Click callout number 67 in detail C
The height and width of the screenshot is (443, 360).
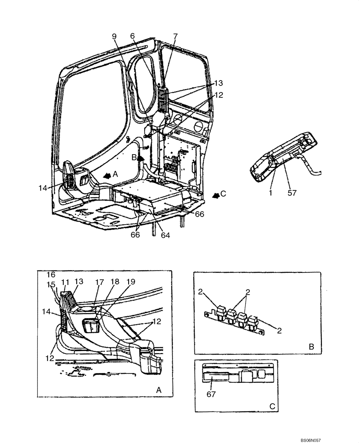pyautogui.click(x=211, y=394)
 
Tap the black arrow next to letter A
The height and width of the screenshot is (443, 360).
pyautogui.click(x=106, y=175)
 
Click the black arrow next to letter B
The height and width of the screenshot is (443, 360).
pyautogui.click(x=141, y=157)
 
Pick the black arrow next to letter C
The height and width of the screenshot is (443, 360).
pyautogui.click(x=215, y=195)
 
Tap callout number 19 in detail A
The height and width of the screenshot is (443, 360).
pyautogui.click(x=131, y=281)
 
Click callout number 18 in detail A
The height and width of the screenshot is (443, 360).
pyautogui.click(x=114, y=281)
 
